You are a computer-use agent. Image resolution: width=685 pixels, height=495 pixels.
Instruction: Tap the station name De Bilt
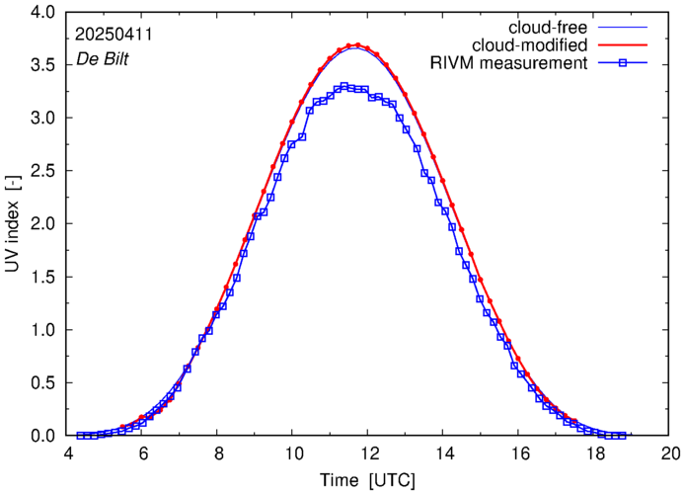(103, 58)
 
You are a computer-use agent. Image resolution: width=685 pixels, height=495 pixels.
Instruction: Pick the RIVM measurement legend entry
(508, 64)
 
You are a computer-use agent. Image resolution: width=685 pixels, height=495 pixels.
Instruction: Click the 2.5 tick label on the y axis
(45, 171)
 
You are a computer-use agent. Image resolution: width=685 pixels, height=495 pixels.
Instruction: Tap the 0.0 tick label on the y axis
(45, 436)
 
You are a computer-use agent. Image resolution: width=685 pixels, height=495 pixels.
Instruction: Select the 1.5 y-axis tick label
(45, 277)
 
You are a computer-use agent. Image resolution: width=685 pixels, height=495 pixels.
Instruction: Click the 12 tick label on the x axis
(369, 454)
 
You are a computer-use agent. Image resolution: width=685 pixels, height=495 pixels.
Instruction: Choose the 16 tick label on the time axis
(520, 454)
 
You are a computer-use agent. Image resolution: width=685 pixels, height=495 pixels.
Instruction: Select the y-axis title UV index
(14, 223)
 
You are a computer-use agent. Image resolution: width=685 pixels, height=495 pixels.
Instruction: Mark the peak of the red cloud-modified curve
(356, 44)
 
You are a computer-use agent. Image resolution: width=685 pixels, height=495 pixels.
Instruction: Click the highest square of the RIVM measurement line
(343, 86)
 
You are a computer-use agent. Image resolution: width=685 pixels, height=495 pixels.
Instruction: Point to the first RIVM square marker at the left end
(79, 435)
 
